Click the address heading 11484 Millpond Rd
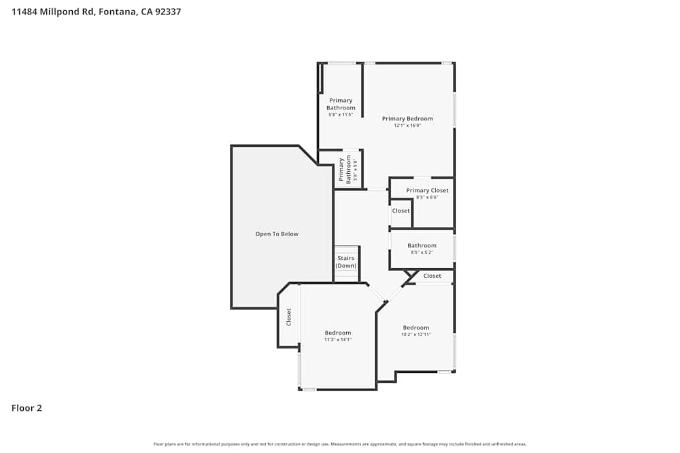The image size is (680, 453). tap(96, 12)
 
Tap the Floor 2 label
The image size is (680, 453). tap(27, 408)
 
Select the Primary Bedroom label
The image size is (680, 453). tap(407, 118)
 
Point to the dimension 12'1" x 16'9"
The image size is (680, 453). tap(407, 126)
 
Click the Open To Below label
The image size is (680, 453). tap(277, 234)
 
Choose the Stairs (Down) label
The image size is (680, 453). tap(346, 262)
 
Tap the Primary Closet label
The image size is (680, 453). tap(427, 190)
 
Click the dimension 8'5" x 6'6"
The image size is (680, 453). tap(427, 198)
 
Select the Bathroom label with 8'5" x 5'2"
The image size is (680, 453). tap(422, 245)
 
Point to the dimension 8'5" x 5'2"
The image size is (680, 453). tap(422, 253)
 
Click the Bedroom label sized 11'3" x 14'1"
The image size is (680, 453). tap(338, 333)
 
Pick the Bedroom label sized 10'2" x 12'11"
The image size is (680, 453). tap(416, 327)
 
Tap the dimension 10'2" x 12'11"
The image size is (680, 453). tap(416, 335)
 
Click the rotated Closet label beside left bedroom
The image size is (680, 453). tap(289, 316)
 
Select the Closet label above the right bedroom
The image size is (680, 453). tap(432, 276)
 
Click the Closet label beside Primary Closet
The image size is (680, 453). tap(401, 211)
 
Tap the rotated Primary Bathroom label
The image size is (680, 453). tap(345, 170)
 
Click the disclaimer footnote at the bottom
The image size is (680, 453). tap(340, 444)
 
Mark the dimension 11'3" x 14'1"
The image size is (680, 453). tap(338, 340)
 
